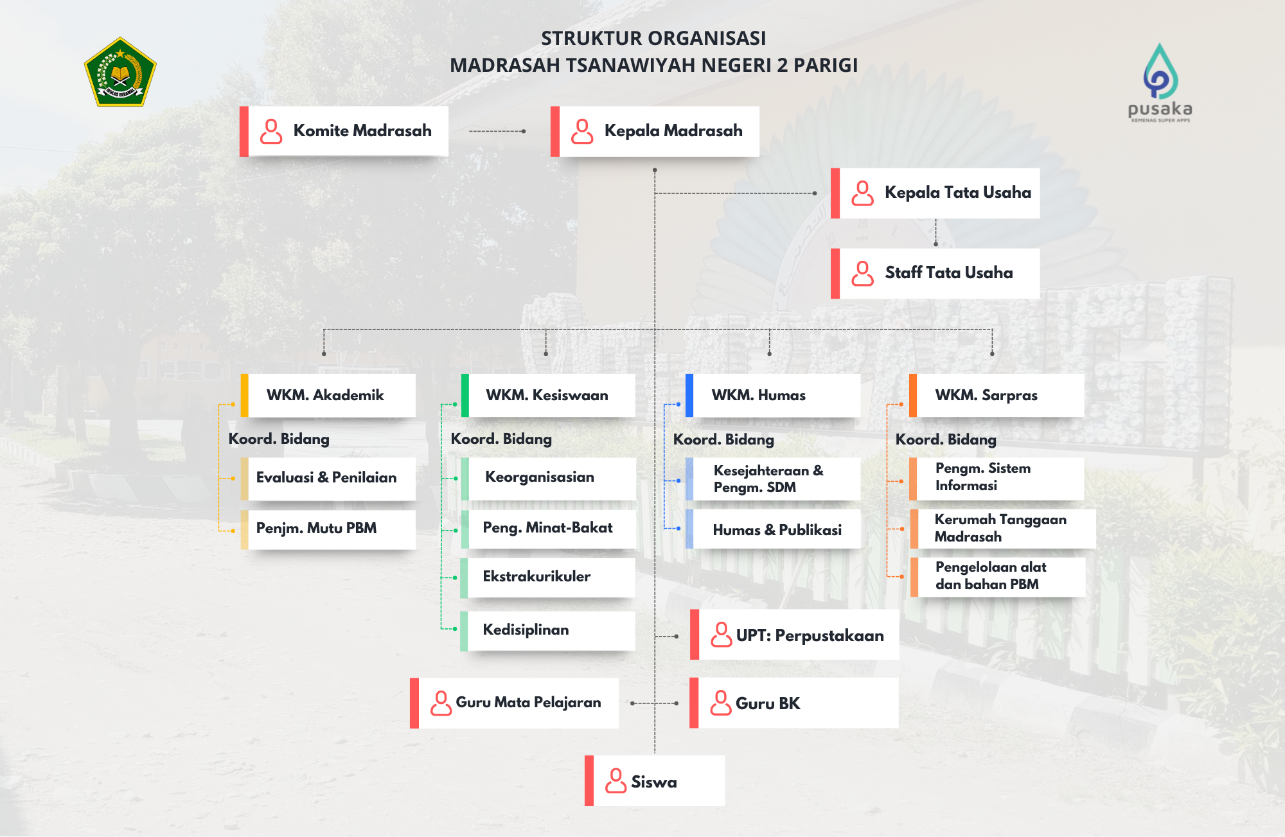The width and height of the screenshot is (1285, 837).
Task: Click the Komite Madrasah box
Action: pyautogui.click(x=344, y=131)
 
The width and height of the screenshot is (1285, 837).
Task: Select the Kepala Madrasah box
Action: pyautogui.click(x=655, y=131)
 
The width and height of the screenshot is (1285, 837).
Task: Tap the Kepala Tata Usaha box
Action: pyautogui.click(x=935, y=193)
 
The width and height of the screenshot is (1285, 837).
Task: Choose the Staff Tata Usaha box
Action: pyautogui.click(x=935, y=274)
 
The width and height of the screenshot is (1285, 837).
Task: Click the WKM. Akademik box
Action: pyautogui.click(x=328, y=396)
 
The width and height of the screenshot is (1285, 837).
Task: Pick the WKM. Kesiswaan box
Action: pyautogui.click(x=548, y=396)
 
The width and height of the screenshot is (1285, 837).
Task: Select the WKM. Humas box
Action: pyautogui.click(x=773, y=396)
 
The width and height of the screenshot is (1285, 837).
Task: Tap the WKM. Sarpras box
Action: pyautogui.click(x=997, y=396)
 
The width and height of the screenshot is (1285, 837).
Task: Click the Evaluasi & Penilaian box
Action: pyautogui.click(x=328, y=479)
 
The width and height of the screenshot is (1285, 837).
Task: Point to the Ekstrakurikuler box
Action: pyautogui.click(x=548, y=577)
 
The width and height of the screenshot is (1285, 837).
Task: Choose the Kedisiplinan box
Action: pyautogui.click(x=548, y=631)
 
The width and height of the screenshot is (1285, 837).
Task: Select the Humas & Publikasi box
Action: pyautogui.click(x=773, y=529)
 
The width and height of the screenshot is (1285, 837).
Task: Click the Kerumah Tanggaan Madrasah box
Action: pyautogui.click(x=1003, y=529)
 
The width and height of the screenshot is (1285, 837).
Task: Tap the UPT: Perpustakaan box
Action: pyautogui.click(x=794, y=635)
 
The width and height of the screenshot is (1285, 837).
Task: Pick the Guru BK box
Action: pyautogui.click(x=794, y=703)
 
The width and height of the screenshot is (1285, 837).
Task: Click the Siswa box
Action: pyautogui.click(x=655, y=781)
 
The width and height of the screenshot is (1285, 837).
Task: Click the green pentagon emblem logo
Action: pyautogui.click(x=120, y=72)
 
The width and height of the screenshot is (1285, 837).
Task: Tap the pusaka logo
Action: pyautogui.click(x=1160, y=82)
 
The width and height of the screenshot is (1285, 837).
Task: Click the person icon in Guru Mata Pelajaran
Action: pyautogui.click(x=441, y=703)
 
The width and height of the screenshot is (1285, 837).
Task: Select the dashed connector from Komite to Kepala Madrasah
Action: pyautogui.click(x=497, y=131)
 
